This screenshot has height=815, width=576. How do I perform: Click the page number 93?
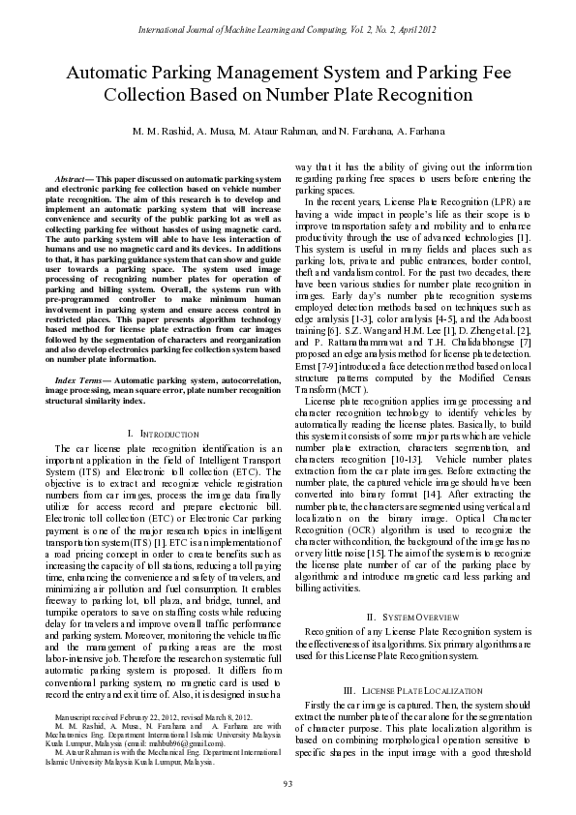click(288, 783)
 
